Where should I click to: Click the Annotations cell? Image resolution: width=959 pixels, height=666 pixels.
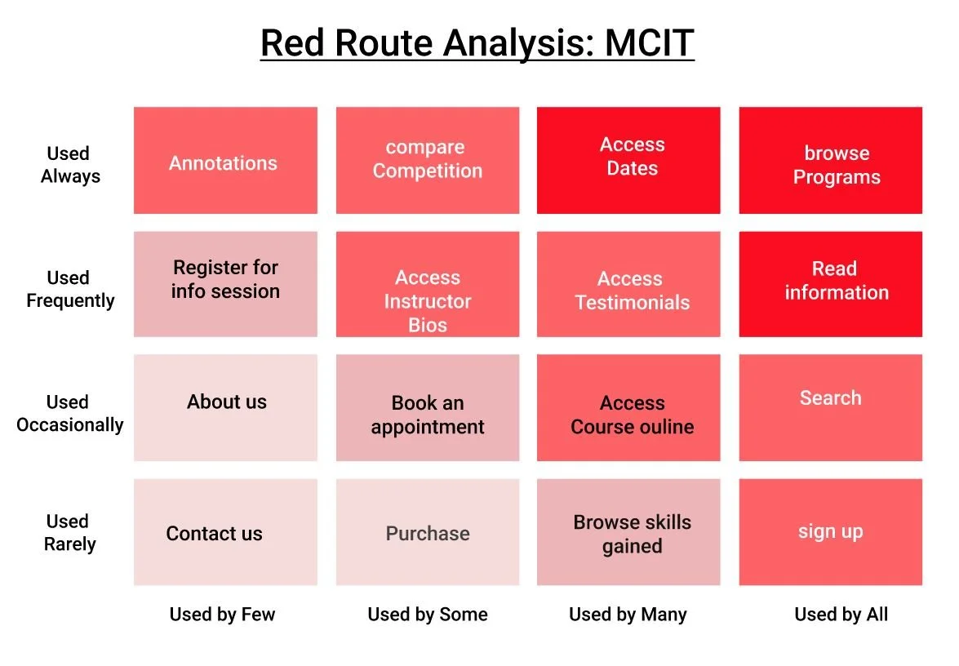click(225, 161)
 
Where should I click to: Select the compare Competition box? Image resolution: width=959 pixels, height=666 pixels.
click(427, 161)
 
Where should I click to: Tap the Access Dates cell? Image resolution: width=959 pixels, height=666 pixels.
click(628, 161)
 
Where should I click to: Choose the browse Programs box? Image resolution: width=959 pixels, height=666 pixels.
click(830, 161)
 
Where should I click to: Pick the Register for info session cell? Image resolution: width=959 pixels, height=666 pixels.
click(225, 284)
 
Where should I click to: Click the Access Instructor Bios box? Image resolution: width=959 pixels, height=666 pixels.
click(427, 284)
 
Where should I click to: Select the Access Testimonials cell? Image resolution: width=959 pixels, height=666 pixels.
click(628, 284)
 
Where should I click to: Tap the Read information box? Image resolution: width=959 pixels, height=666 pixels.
click(830, 284)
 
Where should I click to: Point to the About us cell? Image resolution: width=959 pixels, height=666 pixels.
click(225, 407)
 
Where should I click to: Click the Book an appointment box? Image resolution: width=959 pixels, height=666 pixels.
click(427, 407)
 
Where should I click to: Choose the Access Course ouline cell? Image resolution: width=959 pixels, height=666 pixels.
click(628, 407)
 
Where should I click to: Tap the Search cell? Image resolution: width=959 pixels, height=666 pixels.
click(830, 407)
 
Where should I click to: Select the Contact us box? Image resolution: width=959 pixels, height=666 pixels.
click(225, 532)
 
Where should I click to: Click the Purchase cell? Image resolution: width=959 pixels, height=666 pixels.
click(427, 532)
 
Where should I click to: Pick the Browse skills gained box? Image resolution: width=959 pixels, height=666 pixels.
click(628, 532)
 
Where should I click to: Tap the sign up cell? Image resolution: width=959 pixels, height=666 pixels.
click(830, 532)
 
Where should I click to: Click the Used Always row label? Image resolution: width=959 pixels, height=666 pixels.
click(69, 165)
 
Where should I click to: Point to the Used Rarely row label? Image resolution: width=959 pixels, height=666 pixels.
click(69, 533)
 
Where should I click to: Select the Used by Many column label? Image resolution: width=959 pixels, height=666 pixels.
click(628, 615)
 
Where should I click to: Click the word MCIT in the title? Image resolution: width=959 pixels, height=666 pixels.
click(649, 43)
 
